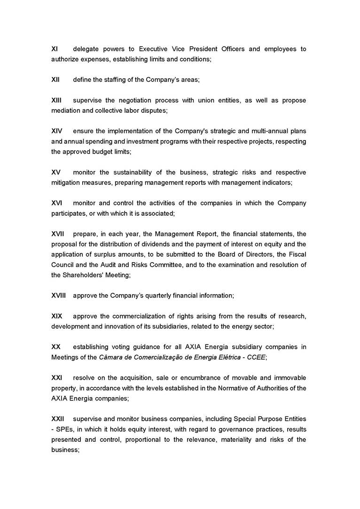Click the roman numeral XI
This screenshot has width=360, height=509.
tap(54, 49)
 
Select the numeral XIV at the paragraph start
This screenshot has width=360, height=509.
tap(56, 131)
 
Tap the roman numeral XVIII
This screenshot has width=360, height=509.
tap(58, 296)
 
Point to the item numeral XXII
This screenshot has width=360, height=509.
tap(58, 419)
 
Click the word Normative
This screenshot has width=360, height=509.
tap(223, 388)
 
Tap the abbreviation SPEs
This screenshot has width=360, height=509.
tap(65, 429)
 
